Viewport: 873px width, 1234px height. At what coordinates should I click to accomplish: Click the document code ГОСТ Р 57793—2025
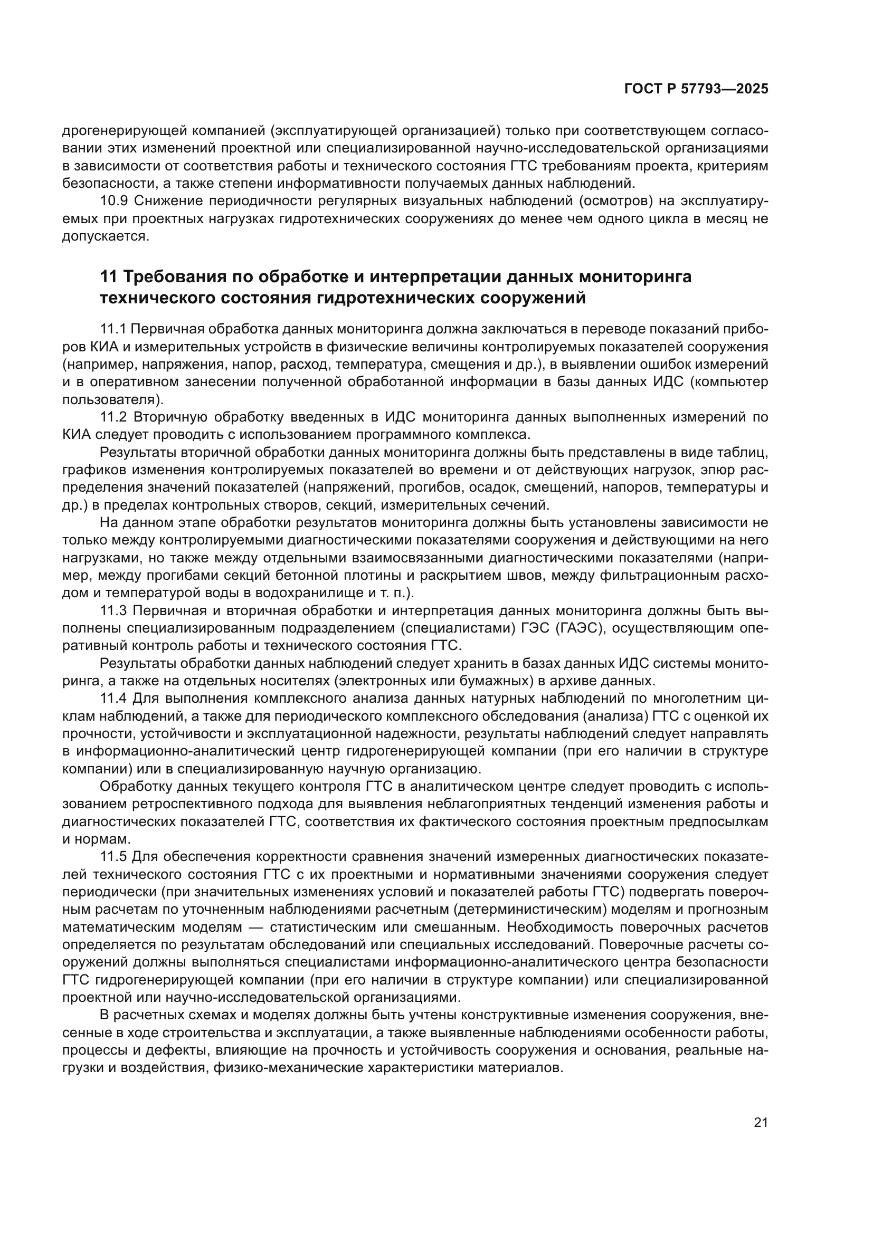tap(696, 89)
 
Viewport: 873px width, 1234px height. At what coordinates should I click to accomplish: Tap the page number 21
tap(761, 1123)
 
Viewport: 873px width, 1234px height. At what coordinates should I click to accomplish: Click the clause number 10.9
tap(114, 201)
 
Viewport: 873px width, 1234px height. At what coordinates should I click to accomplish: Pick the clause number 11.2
tap(113, 417)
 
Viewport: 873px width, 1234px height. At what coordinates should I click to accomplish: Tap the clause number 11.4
tap(113, 699)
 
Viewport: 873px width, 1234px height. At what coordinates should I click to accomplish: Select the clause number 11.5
tap(113, 856)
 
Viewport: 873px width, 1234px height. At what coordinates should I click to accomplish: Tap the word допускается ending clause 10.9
tap(105, 236)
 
